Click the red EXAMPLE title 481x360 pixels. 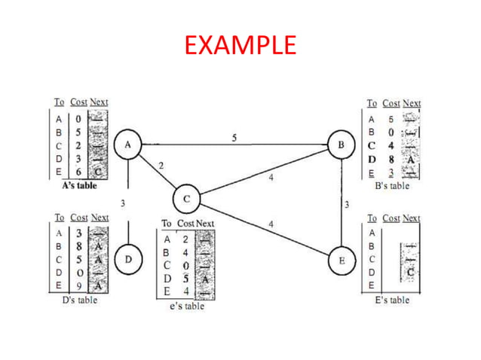[240, 46]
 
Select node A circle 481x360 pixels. [128, 145]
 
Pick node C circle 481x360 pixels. [185, 200]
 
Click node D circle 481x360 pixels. [129, 259]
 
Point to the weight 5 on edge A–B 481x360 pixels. [234, 136]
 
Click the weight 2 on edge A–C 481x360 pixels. [161, 164]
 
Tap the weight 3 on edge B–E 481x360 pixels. [346, 204]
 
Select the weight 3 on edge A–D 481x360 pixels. [122, 203]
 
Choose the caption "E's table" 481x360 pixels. [392, 301]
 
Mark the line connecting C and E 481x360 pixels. [264, 230]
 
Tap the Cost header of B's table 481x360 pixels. [391, 103]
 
